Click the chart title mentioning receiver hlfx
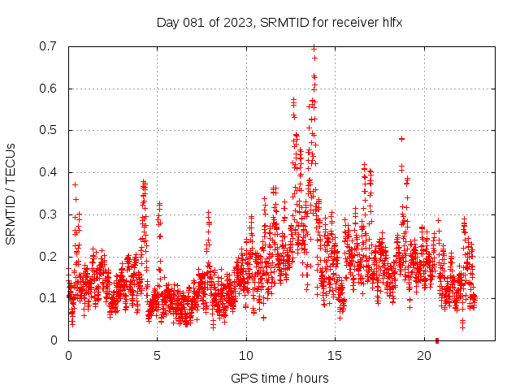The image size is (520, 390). [279, 22]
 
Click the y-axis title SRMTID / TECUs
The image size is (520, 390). [11, 193]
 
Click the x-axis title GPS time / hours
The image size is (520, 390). [279, 378]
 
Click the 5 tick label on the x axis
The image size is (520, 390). [157, 356]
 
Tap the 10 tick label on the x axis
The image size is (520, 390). [246, 356]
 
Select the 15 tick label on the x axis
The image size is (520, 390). [335, 356]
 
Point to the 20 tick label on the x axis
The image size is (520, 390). [424, 356]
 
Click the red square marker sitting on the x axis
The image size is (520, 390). [437, 340]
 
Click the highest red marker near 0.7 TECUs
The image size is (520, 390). [314, 48]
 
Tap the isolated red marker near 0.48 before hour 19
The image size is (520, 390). [401, 139]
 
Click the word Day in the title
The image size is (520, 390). [168, 22]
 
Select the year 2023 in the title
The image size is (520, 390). [240, 22]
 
